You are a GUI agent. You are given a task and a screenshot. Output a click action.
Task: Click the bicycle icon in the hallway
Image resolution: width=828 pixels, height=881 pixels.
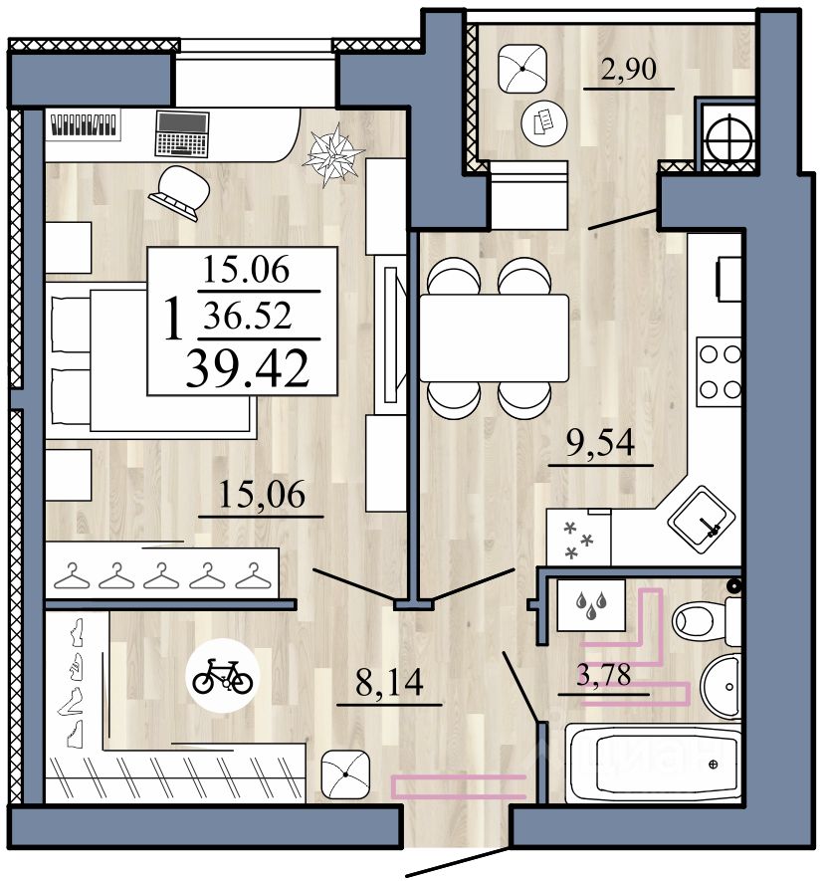coord(223,677)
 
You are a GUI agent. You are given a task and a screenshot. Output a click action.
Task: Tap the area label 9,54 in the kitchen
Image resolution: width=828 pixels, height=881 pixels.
coord(600,442)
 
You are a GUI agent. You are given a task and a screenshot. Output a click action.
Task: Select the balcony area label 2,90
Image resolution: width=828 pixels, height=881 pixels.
coord(629,69)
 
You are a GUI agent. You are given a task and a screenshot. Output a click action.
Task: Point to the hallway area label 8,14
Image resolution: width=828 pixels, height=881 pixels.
coord(389,682)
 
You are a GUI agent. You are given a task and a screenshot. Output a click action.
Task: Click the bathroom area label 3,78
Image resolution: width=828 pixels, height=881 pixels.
coord(604,675)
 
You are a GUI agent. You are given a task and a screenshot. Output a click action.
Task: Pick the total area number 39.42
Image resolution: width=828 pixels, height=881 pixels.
coord(248,368)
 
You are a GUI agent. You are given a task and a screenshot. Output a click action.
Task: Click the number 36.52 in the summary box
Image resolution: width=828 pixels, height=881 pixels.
coord(248,316)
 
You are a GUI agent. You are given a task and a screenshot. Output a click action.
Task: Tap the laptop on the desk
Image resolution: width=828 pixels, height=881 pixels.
coord(182,133)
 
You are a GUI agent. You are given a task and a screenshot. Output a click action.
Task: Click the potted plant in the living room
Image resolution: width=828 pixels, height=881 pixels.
coord(333,154)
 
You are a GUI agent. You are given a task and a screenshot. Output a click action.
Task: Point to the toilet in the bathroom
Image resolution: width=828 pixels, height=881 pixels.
coord(707,621)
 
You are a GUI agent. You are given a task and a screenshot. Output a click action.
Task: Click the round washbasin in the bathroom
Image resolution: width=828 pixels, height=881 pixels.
coord(722,687)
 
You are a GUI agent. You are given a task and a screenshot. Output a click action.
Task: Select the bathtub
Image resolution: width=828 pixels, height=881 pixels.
coord(653,764)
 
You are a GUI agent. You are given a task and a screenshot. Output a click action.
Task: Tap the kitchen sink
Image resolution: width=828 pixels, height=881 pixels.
coord(701,519)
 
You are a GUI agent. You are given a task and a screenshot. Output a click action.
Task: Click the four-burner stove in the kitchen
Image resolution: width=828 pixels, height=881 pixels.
coord(719,371)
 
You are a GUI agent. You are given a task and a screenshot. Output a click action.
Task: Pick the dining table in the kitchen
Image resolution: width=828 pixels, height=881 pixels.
coord(495,337)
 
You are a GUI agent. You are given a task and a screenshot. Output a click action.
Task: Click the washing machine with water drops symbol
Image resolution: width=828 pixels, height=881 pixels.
coord(591,605)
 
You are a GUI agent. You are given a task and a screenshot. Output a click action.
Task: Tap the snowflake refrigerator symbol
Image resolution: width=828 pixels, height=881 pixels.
coord(578,538)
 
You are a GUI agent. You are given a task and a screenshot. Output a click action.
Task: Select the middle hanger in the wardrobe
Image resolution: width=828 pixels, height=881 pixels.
coord(161,576)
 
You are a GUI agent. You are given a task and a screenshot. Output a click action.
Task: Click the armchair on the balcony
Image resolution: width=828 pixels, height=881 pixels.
coord(522,69)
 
